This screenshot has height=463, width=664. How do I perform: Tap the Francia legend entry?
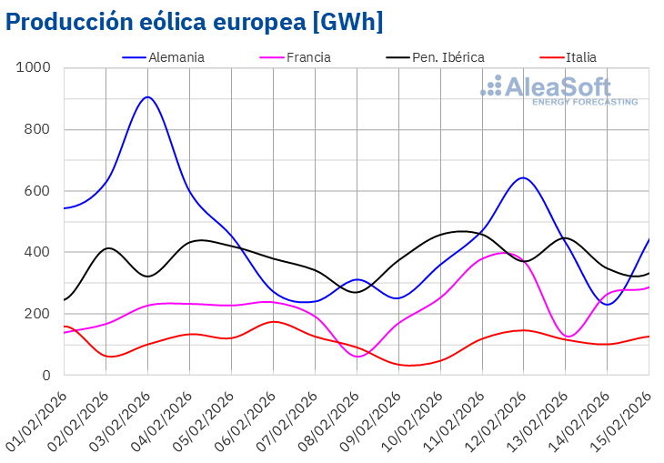coord(308,57)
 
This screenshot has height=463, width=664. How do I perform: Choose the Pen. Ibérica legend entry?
coord(448,57)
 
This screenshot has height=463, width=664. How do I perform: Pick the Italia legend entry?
coord(581,57)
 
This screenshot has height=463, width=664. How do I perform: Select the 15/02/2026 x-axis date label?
coord(623,418)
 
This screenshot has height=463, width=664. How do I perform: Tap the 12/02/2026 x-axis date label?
coord(498,418)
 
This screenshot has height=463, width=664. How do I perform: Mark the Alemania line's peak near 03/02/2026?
coord(147,96)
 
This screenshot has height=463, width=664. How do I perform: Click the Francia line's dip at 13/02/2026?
coord(568,337)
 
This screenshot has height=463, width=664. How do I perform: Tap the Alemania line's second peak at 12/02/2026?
coord(522,177)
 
